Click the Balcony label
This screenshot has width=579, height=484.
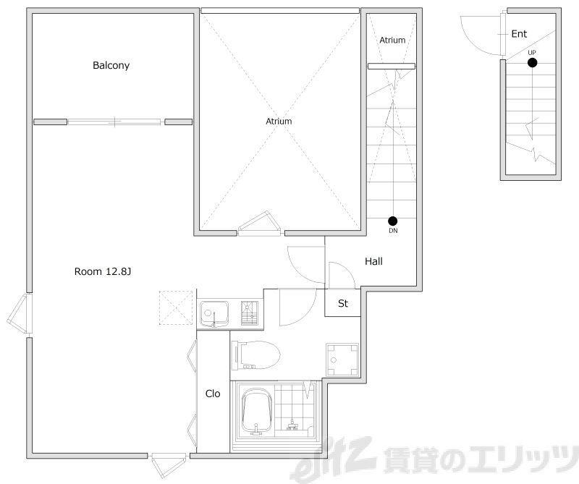pyautogui.click(x=111, y=65)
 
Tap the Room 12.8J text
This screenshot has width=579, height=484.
pyautogui.click(x=103, y=272)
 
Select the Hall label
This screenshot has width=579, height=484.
pyautogui.click(x=373, y=261)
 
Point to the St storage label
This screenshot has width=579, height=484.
pyautogui.click(x=342, y=303)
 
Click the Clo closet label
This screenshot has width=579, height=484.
pyautogui.click(x=213, y=394)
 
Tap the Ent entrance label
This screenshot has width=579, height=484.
pyautogui.click(x=519, y=34)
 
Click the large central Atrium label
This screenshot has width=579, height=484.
pyautogui.click(x=279, y=121)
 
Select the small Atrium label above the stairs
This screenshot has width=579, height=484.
pyautogui.click(x=392, y=40)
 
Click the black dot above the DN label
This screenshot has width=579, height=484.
pyautogui.click(x=392, y=221)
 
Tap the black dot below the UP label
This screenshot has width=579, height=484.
pyautogui.click(x=532, y=63)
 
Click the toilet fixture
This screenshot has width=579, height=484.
pyautogui.click(x=256, y=355)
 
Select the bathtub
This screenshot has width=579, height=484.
pyautogui.click(x=257, y=414)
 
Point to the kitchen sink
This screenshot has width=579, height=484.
pyautogui.click(x=214, y=314)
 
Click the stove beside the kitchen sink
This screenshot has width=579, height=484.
pyautogui.click(x=249, y=313)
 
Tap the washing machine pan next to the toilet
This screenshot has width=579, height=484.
pyautogui.click(x=342, y=360)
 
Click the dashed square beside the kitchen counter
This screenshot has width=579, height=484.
pyautogui.click(x=176, y=308)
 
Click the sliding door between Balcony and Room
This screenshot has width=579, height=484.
pyautogui.click(x=114, y=122)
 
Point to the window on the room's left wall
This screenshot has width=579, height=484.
pyautogui.click(x=20, y=314)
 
